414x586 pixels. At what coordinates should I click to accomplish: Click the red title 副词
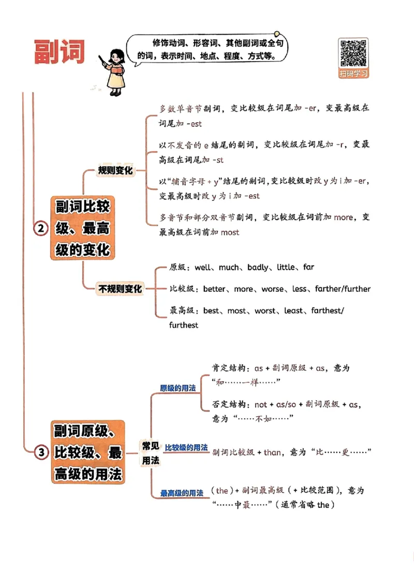[59, 52]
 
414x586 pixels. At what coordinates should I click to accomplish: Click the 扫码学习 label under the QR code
[353, 74]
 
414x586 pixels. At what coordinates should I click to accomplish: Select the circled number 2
[41, 228]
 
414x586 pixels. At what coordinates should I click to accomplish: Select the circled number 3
[41, 452]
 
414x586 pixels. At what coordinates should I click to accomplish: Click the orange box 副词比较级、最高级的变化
[82, 228]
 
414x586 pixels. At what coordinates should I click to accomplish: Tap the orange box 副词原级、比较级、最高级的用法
[87, 452]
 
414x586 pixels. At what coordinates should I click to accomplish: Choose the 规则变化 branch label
[115, 170]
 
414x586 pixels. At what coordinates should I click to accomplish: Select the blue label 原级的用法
[178, 388]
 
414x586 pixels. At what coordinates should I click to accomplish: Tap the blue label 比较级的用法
[186, 447]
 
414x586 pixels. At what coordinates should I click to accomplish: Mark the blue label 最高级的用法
[181, 493]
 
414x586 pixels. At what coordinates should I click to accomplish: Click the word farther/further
[343, 289]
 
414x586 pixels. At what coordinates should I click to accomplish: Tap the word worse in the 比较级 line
[272, 289]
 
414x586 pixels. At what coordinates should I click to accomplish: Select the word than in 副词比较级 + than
[272, 452]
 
